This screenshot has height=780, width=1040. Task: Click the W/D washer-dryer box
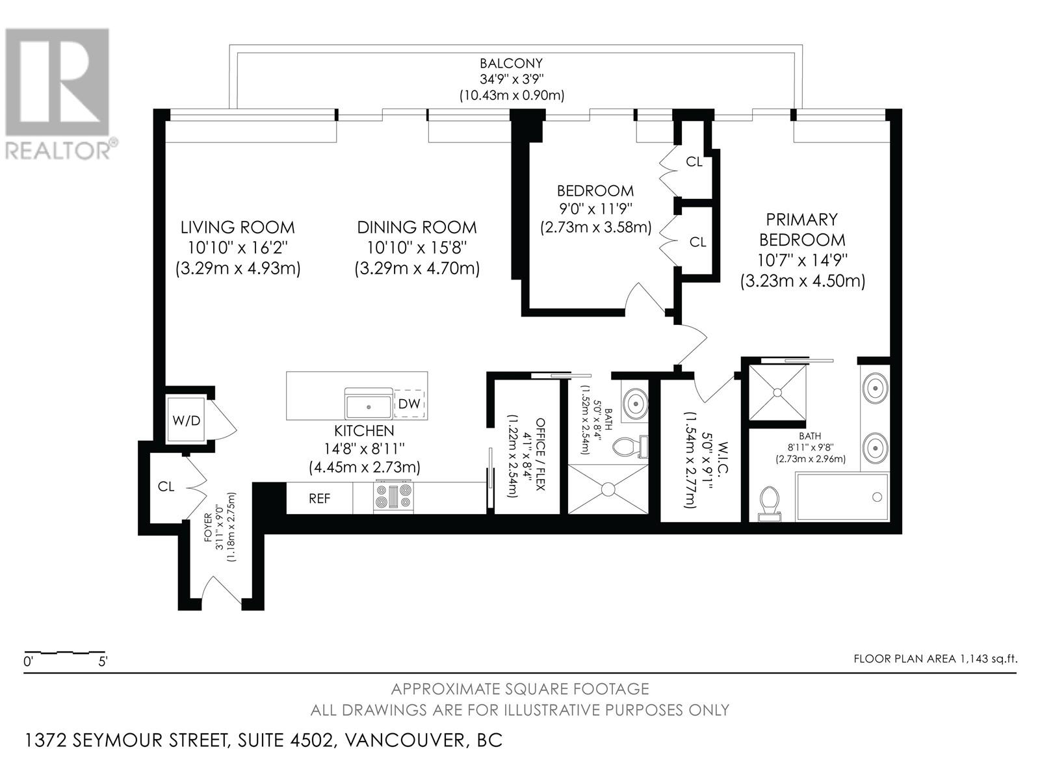[x=187, y=420]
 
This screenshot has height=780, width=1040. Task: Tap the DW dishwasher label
[x=409, y=404]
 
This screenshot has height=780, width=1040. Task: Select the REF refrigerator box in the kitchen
[x=319, y=499]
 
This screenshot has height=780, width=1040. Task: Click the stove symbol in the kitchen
[x=394, y=497]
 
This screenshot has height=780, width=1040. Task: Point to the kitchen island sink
[x=369, y=405]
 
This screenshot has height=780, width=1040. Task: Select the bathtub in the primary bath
[x=842, y=497]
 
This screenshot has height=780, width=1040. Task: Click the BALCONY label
[x=511, y=64]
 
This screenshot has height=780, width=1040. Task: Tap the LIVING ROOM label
[x=237, y=227]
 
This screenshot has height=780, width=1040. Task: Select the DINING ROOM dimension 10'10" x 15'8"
[x=417, y=248]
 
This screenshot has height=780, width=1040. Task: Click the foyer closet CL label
[x=166, y=486]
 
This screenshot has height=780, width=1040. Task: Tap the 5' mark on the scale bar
[x=102, y=662]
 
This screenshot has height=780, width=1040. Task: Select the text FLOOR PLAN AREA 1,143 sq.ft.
[x=935, y=658]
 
